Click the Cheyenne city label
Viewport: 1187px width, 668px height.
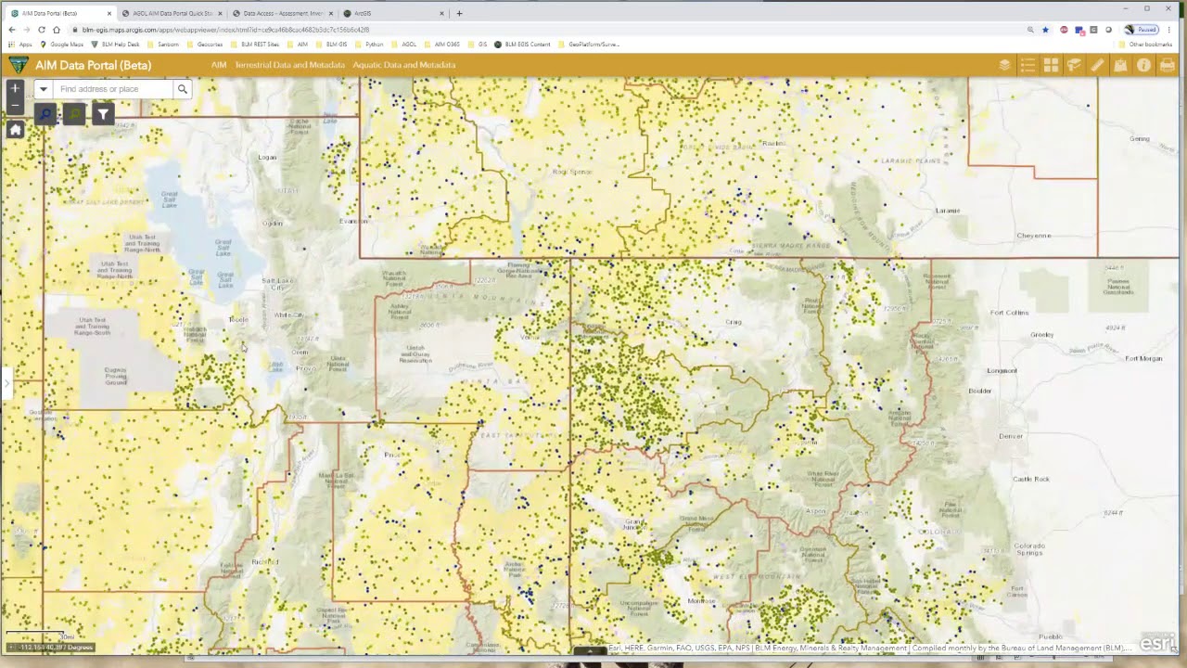click(1033, 236)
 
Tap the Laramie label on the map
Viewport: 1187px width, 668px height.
click(948, 211)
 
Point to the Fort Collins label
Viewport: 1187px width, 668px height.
click(1009, 313)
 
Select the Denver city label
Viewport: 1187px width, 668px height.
click(1011, 436)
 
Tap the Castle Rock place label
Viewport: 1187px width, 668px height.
click(1030, 479)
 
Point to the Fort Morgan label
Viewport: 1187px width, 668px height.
click(1142, 358)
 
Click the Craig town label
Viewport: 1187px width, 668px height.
click(734, 322)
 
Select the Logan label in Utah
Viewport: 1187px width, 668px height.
click(267, 157)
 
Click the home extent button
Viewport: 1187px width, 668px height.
click(15, 130)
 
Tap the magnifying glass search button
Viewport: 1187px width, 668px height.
click(183, 89)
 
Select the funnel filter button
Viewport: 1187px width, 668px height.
click(103, 114)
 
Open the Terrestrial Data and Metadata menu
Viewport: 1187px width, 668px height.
click(289, 65)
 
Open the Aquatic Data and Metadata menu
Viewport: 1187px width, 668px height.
click(403, 65)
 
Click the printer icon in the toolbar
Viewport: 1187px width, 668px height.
click(1167, 65)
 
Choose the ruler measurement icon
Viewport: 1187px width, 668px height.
click(1097, 65)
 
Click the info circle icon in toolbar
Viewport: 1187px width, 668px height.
click(1143, 65)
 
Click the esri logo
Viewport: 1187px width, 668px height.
click(1157, 642)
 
